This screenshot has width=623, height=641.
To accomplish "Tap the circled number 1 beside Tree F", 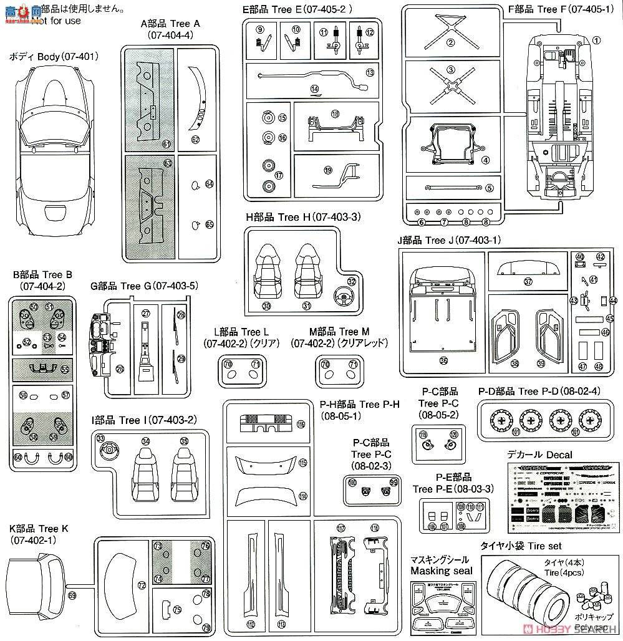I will [596, 41].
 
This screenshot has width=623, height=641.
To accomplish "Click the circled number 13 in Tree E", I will [370, 73].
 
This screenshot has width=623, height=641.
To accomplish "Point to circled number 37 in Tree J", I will [528, 281].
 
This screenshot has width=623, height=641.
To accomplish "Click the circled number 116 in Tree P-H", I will [301, 425].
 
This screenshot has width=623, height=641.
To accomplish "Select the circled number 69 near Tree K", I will [72, 596].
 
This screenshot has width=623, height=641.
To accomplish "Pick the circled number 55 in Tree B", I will [65, 369].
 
